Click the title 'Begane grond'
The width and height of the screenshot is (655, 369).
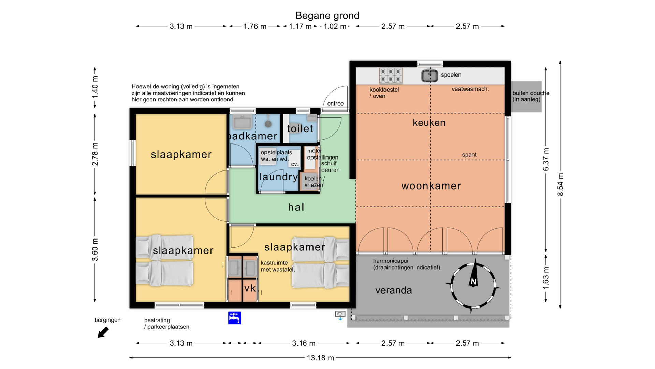pyautogui.click(x=327, y=16)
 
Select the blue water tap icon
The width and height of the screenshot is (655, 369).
pyautogui.click(x=234, y=318)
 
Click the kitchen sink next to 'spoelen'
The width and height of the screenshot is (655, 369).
pyautogui.click(x=430, y=76)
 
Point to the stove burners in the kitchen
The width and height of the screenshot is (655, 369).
pyautogui.click(x=391, y=76)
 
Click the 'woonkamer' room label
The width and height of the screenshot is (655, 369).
pyautogui.click(x=431, y=186)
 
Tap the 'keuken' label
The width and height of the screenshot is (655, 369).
pyautogui.click(x=429, y=123)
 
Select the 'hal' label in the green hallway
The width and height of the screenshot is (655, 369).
pyautogui.click(x=296, y=207)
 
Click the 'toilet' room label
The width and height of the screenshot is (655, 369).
pyautogui.click(x=300, y=128)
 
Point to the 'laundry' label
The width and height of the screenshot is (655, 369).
pyautogui.click(x=279, y=177)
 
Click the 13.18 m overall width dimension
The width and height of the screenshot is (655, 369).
pyautogui.click(x=320, y=358)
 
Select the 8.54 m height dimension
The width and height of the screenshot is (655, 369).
pyautogui.click(x=560, y=184)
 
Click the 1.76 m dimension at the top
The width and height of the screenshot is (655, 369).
pyautogui.click(x=255, y=26)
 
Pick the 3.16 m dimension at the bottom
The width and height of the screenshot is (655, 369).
pyautogui.click(x=304, y=343)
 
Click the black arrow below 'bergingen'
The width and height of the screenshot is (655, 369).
pyautogui.click(x=103, y=332)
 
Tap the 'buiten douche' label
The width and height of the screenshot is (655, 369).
pyautogui.click(x=531, y=93)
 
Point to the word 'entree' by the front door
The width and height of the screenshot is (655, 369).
pyautogui.click(x=335, y=104)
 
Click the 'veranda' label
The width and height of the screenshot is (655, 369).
pyautogui.click(x=394, y=290)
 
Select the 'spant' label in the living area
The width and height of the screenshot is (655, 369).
pyautogui.click(x=469, y=155)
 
